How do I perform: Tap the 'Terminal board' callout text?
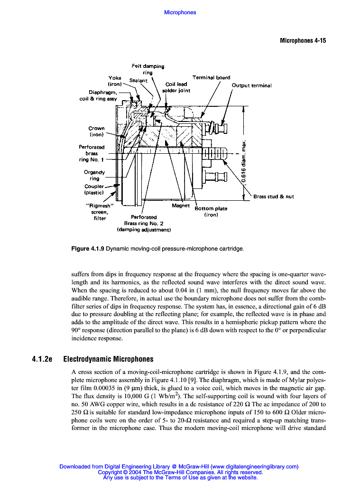click(x=211, y=77)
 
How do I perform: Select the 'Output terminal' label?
click(x=251, y=86)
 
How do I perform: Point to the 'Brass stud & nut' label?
click(x=274, y=196)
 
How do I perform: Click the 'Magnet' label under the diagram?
click(x=181, y=206)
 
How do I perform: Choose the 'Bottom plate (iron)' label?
click(x=211, y=212)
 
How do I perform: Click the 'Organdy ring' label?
click(x=94, y=175)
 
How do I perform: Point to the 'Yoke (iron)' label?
click(x=115, y=81)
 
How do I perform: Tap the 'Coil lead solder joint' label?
click(x=175, y=88)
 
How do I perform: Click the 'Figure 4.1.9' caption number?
click(x=87, y=248)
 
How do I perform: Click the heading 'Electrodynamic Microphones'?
click(x=108, y=359)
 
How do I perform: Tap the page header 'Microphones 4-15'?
click(x=303, y=41)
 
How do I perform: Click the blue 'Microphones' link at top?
click(x=180, y=12)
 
